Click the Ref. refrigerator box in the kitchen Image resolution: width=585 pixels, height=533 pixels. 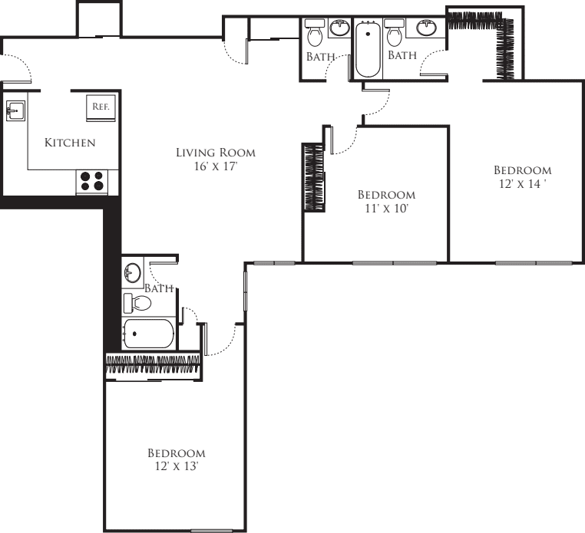point(101,107)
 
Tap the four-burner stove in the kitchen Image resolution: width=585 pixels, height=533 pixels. point(92,182)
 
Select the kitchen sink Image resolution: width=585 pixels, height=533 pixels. point(15,110)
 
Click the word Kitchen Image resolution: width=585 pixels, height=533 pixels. point(70,143)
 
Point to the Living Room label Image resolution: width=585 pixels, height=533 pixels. point(216,153)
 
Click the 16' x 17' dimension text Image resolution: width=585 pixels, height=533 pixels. point(216,166)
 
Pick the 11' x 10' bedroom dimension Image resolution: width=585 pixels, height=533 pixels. point(386,208)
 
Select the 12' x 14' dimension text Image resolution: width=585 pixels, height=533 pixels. point(522,184)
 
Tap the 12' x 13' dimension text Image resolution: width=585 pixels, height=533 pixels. point(176,466)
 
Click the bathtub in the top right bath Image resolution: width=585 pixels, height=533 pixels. point(368,50)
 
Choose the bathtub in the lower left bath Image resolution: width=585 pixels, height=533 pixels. point(149,334)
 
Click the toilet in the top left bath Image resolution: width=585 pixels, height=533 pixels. point(315,33)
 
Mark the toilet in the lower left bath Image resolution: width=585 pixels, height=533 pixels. point(137,303)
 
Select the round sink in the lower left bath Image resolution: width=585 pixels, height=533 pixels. point(133,272)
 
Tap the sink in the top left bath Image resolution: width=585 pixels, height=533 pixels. point(339,28)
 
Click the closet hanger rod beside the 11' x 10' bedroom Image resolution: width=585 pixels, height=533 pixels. point(314,177)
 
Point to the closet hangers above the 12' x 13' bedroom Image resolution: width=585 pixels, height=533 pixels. point(153,364)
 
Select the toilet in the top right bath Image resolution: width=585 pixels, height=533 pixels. point(394,33)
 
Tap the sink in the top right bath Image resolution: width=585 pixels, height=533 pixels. point(427,28)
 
